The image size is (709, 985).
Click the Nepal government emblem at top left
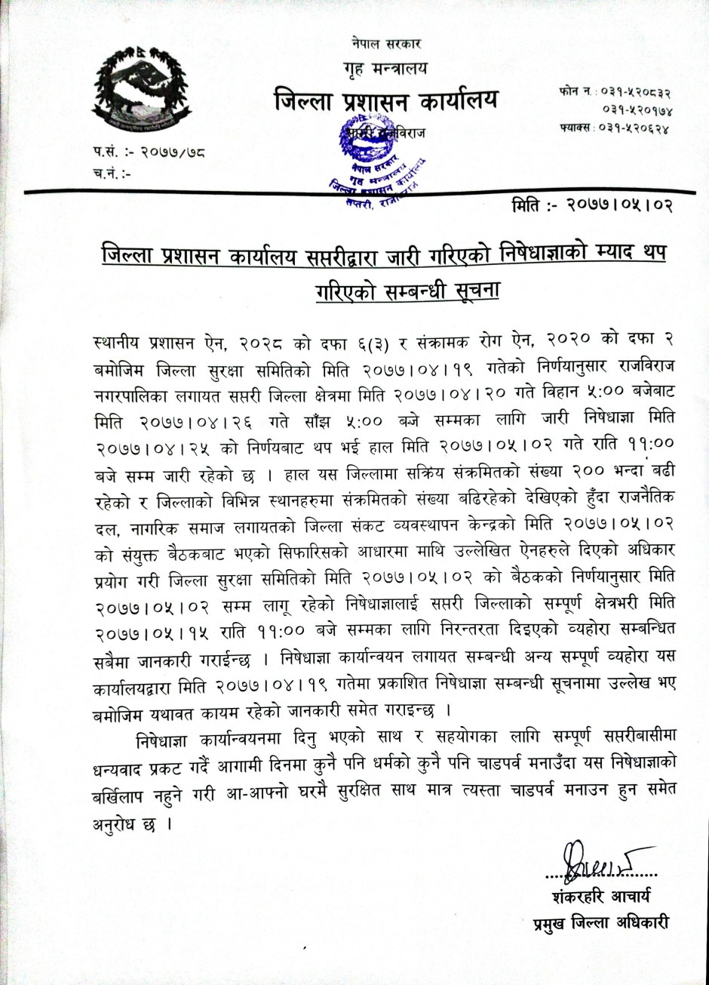tap(142, 88)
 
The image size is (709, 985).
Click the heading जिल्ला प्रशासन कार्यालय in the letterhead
tap(385, 101)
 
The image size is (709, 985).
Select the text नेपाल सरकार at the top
tap(385, 43)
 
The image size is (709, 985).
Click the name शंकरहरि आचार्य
tap(600, 897)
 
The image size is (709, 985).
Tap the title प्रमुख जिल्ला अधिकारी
tap(600, 923)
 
